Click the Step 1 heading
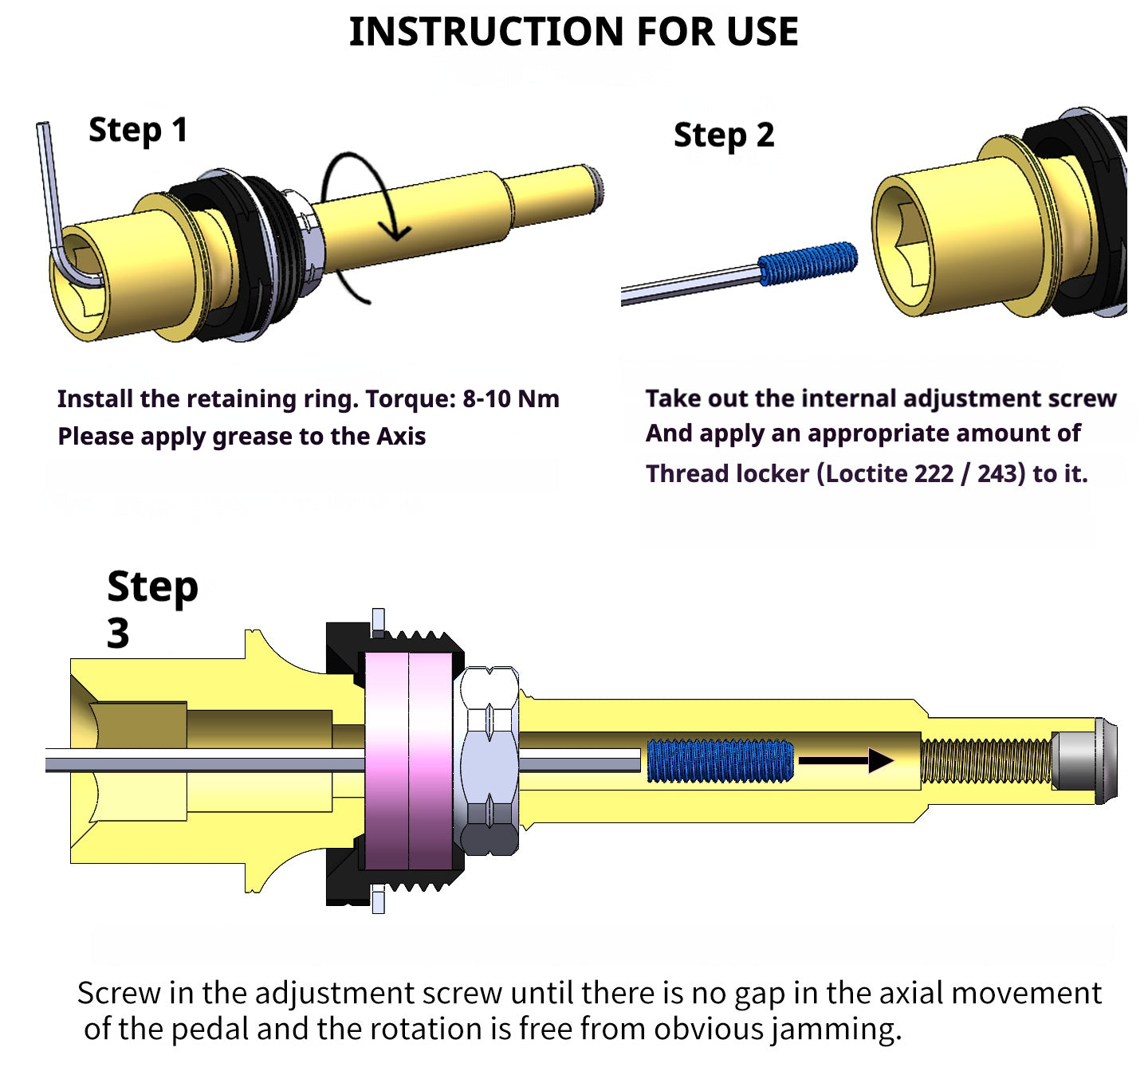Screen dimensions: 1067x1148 pyautogui.click(x=138, y=130)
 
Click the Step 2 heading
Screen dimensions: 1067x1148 pyautogui.click(x=724, y=135)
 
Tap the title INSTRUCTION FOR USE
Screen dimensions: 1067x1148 pyautogui.click(x=573, y=32)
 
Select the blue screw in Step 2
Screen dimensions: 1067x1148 pyautogui.click(x=807, y=263)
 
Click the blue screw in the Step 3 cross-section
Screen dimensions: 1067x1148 pyautogui.click(x=720, y=761)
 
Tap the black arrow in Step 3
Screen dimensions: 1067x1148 pyautogui.click(x=846, y=761)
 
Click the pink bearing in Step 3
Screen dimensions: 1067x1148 pyautogui.click(x=409, y=761)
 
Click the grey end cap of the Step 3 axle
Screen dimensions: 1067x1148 pyautogui.click(x=1084, y=761)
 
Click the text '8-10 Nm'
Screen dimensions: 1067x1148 pyautogui.click(x=511, y=398)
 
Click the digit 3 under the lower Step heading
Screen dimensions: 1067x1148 pyautogui.click(x=118, y=634)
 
